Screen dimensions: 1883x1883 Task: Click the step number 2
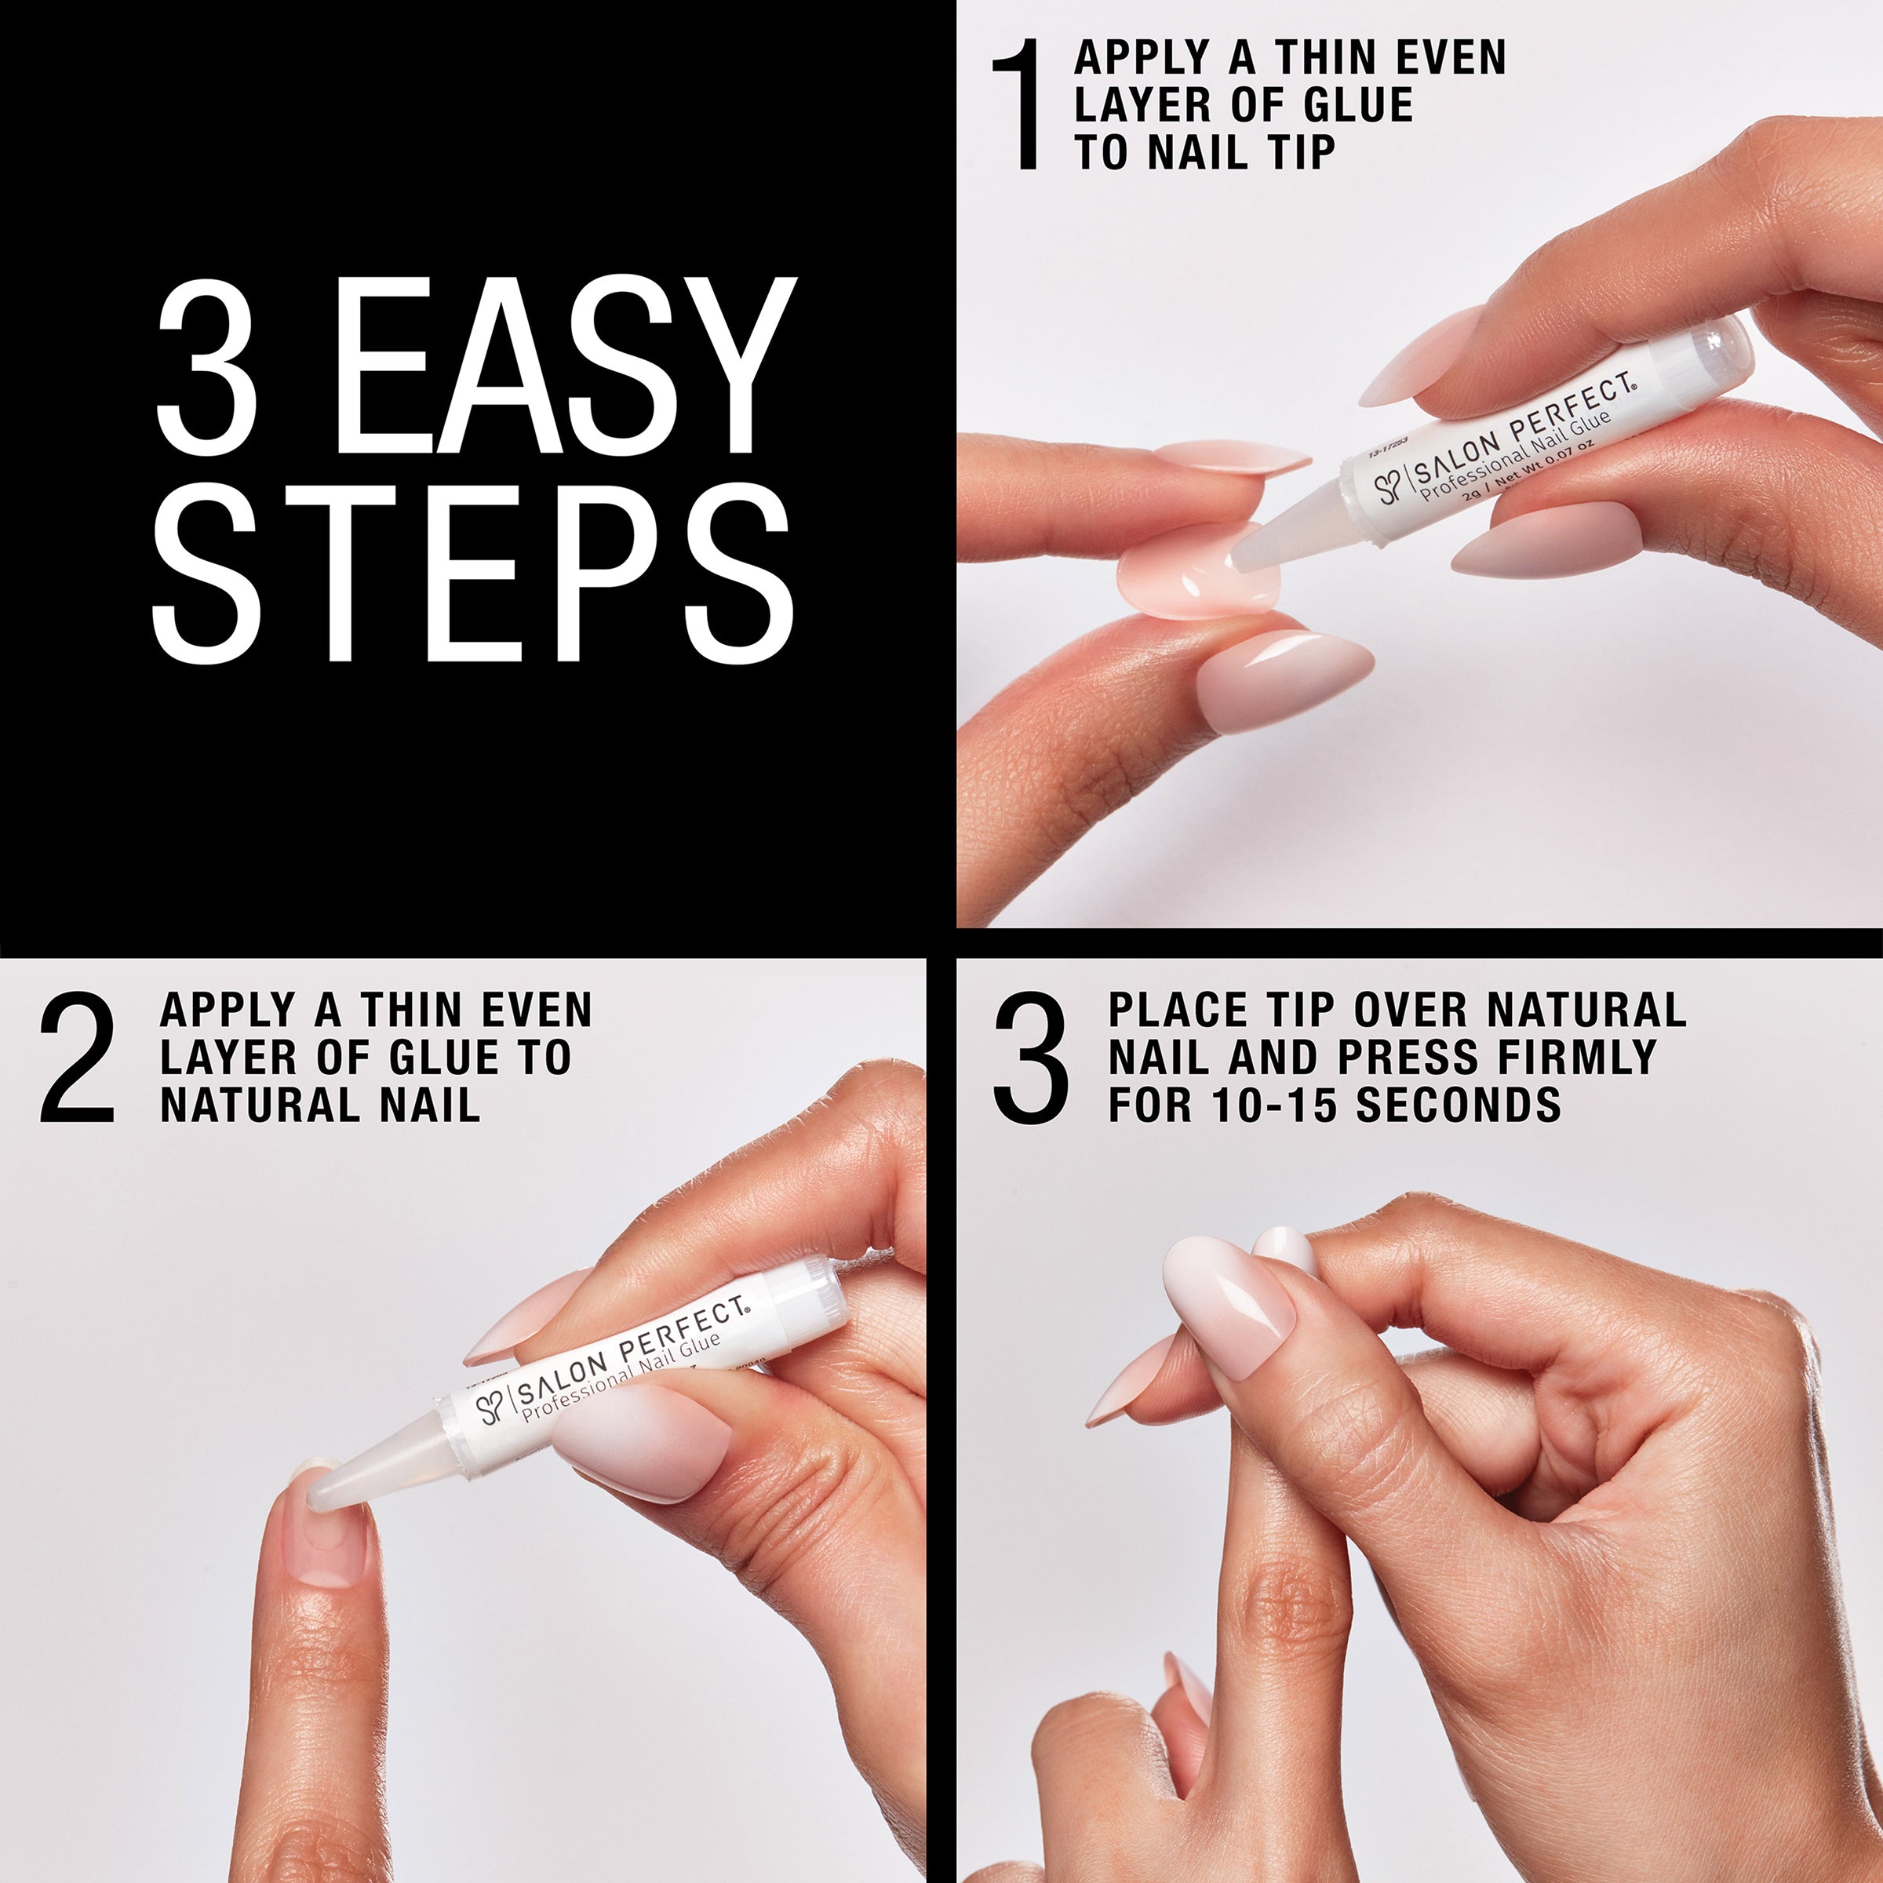tap(78, 1058)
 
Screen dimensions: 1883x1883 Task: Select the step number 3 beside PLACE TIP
tap(1029, 1058)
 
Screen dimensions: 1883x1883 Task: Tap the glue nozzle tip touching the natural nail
tap(322, 1492)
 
